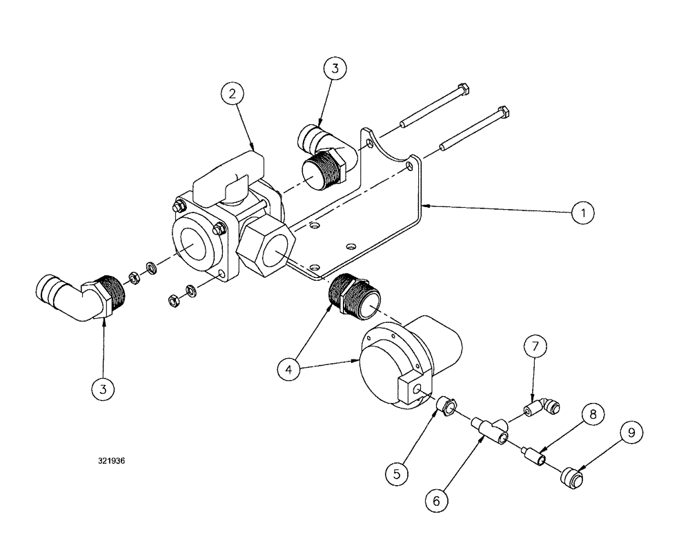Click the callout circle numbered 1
click(x=582, y=213)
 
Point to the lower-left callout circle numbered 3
click(x=103, y=389)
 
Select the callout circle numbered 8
click(x=593, y=414)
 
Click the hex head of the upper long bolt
click(x=464, y=90)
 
